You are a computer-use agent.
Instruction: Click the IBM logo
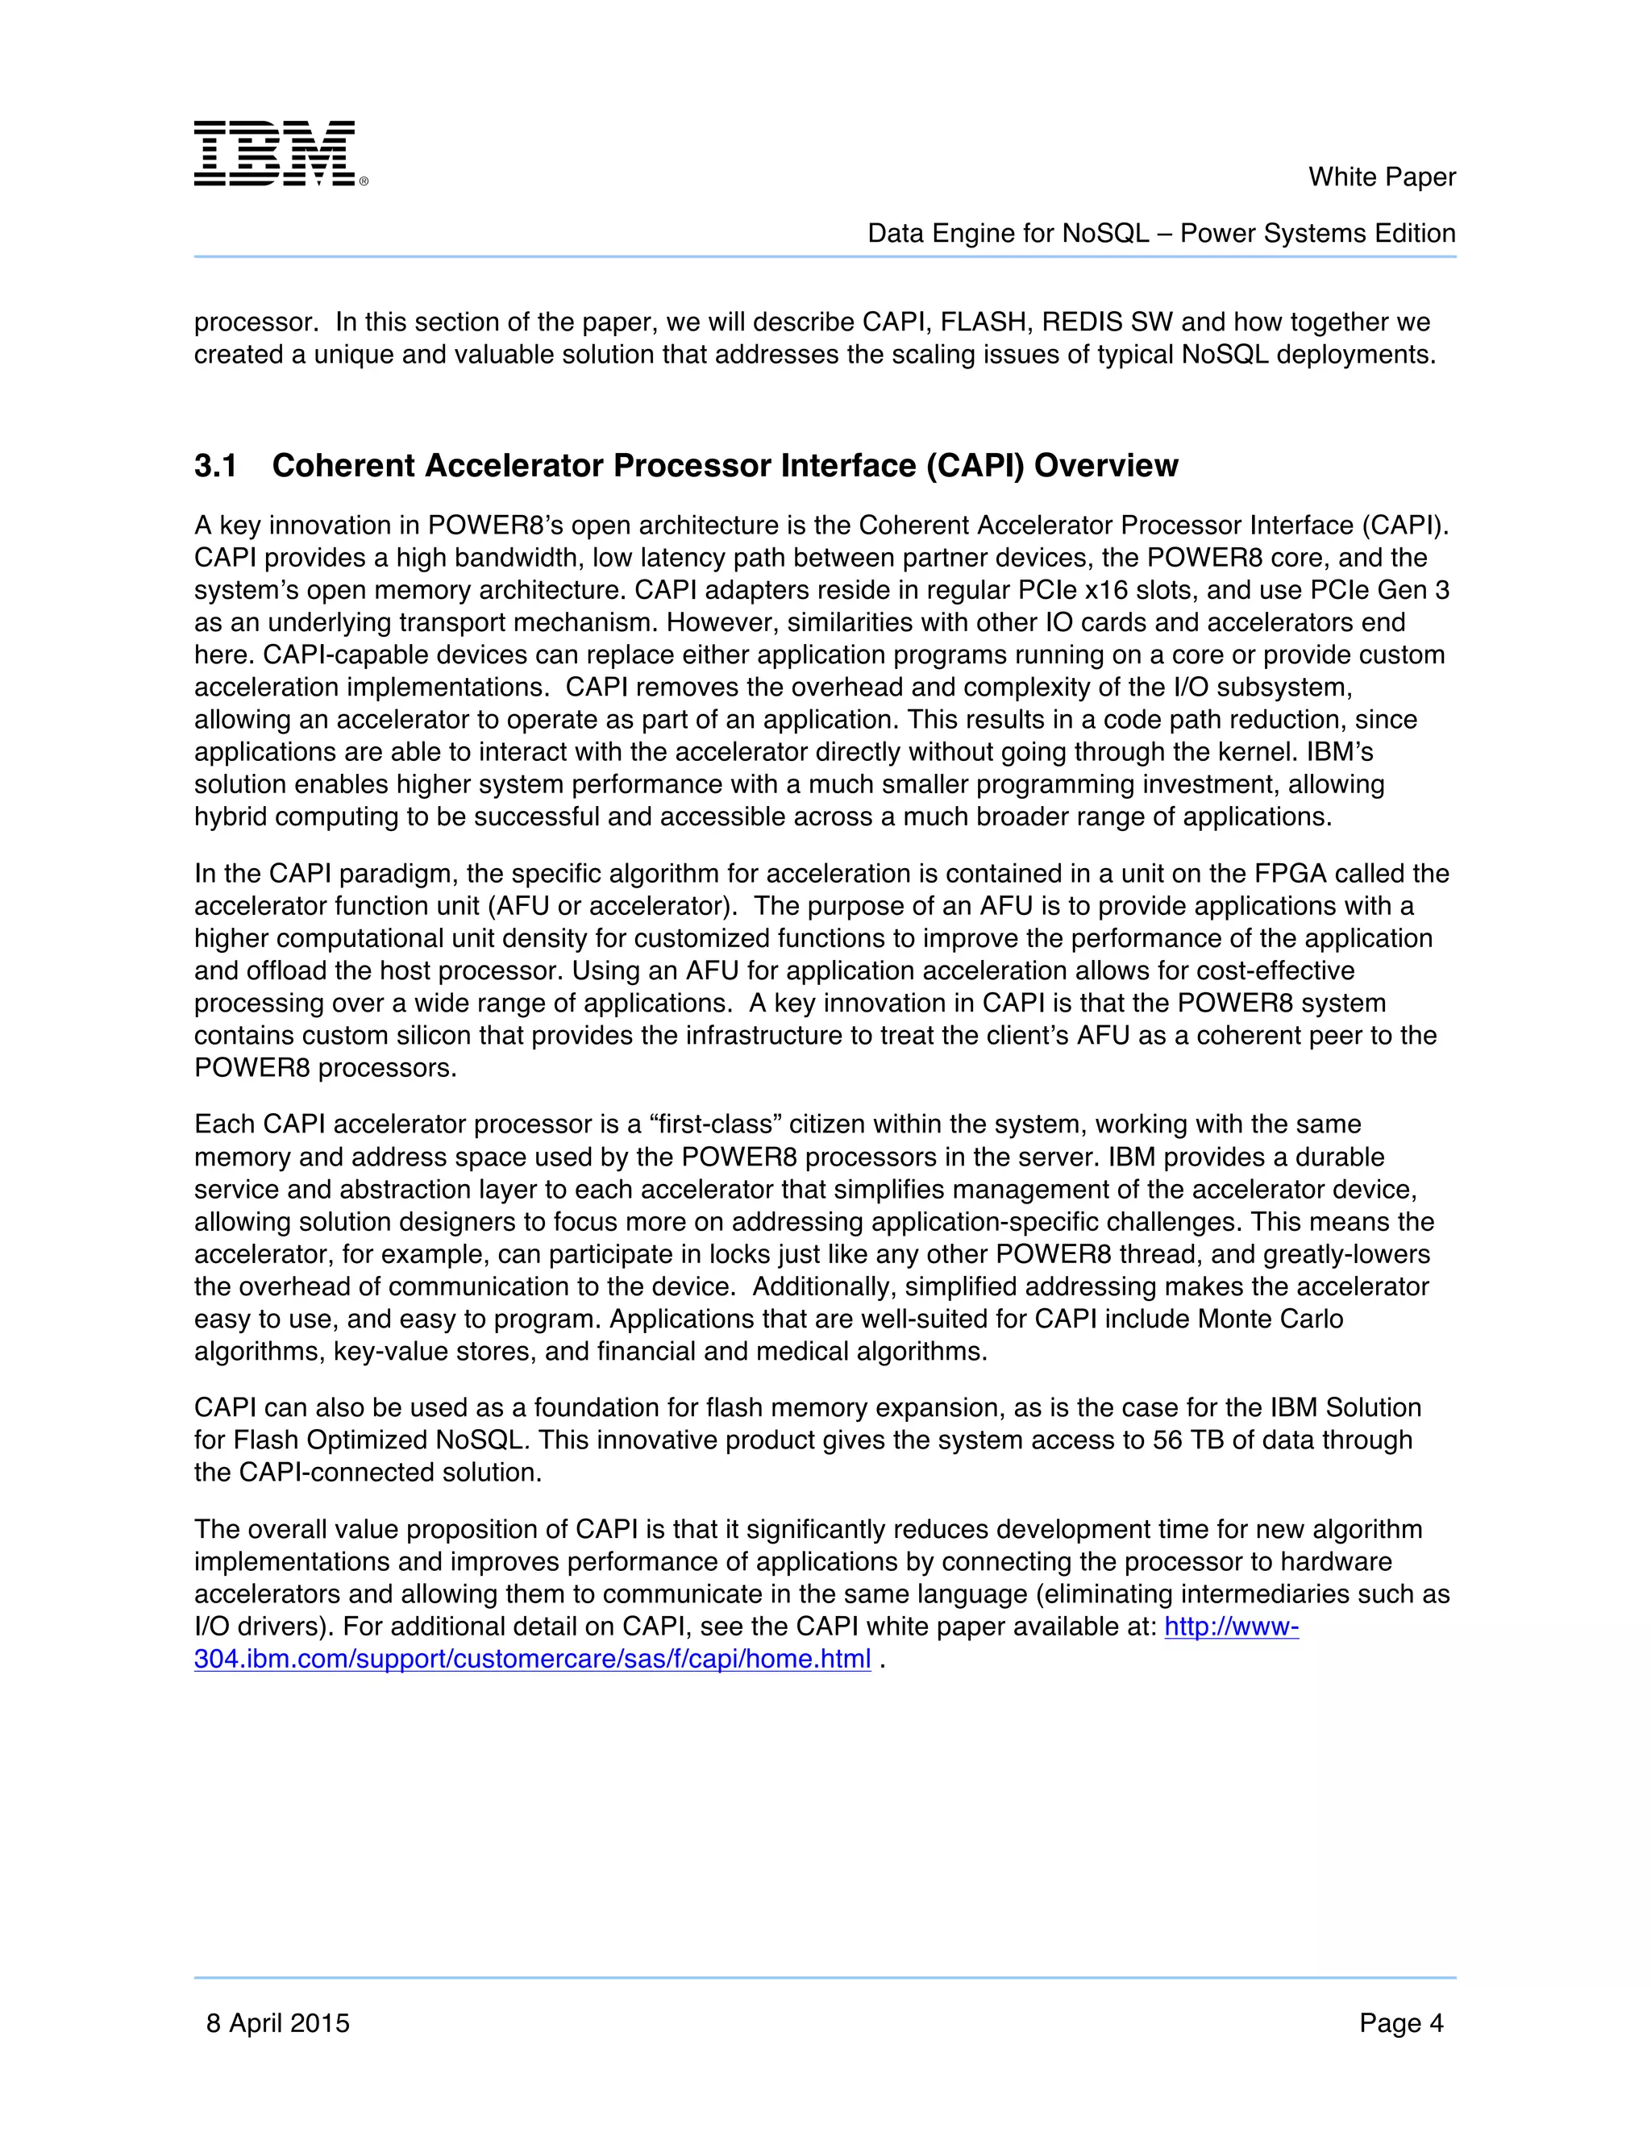[280, 153]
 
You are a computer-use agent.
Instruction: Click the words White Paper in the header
[1381, 177]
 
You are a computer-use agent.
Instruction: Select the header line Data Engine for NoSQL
[1161, 234]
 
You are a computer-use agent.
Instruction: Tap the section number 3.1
[215, 467]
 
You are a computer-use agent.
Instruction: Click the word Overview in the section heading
[1105, 467]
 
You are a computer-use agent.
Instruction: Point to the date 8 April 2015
[278, 2022]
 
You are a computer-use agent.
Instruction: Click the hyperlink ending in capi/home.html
[532, 1660]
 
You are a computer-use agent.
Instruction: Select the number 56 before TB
[1167, 1440]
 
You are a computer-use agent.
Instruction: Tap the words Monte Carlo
[1270, 1319]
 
